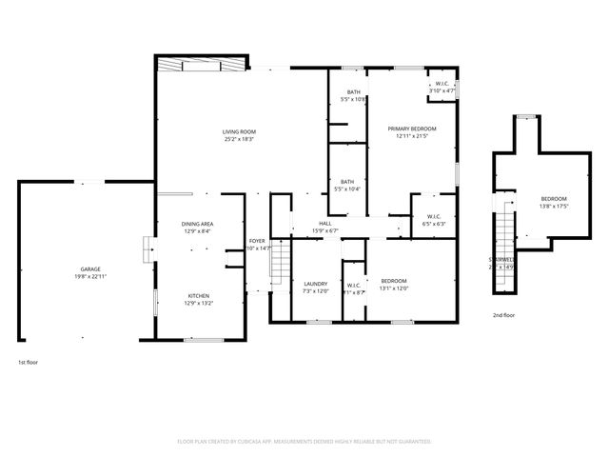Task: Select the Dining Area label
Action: pos(198,224)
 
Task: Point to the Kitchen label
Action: pos(198,296)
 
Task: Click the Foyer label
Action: pos(257,242)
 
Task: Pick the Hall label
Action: pos(325,224)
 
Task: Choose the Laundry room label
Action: pos(316,284)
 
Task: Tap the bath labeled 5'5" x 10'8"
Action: pos(353,92)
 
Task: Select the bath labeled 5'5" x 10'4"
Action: pos(347,182)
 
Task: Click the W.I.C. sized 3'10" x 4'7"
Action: pos(442,85)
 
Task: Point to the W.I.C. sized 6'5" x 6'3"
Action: pos(433,216)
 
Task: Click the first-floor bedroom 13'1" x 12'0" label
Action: pos(394,281)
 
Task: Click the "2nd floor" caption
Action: pos(503,315)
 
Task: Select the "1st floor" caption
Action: pos(28,362)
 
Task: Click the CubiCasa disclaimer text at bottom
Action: pos(304,442)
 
